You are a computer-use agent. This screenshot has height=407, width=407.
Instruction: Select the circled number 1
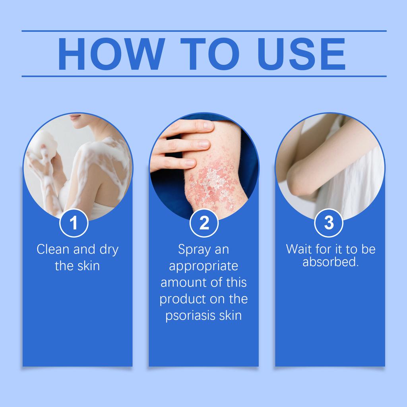(x=74, y=223)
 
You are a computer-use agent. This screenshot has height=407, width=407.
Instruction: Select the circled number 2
(x=204, y=223)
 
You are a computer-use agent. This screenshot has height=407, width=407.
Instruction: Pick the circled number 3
(x=329, y=223)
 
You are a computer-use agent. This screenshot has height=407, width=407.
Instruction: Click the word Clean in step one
(x=53, y=250)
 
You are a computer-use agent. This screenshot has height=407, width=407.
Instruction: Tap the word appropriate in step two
(x=203, y=266)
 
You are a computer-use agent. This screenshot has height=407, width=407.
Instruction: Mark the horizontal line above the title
(x=204, y=31)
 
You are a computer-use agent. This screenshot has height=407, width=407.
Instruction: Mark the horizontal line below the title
(x=204, y=76)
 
